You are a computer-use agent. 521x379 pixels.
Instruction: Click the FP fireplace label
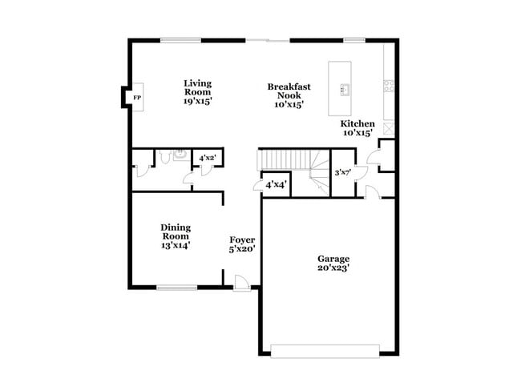(x=137, y=98)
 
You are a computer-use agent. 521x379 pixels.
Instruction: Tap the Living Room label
(x=197, y=92)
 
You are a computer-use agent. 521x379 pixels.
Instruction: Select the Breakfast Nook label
(x=289, y=95)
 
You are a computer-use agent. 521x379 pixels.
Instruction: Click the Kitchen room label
(x=357, y=128)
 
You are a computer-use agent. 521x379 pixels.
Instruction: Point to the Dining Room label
(x=176, y=236)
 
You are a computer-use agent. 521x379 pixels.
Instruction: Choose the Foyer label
(x=242, y=244)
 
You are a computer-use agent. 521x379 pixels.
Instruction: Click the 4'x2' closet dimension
(x=208, y=159)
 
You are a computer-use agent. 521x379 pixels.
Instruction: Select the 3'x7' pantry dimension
(x=343, y=172)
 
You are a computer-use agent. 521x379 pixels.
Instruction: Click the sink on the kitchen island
(x=346, y=87)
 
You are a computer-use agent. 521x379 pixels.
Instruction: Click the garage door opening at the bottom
(x=325, y=350)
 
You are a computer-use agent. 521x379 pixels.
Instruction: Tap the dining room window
(x=176, y=288)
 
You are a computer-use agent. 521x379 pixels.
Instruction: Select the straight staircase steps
(x=282, y=159)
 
